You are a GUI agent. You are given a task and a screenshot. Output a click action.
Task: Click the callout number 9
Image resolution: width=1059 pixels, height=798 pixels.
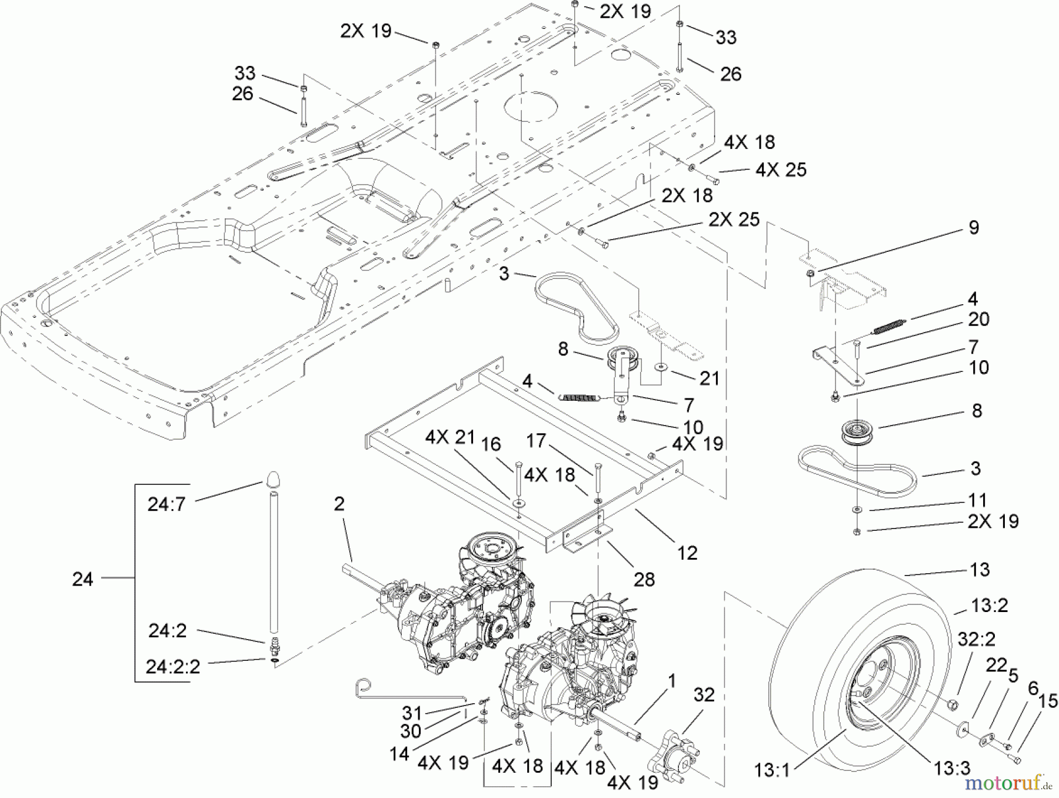coord(974,228)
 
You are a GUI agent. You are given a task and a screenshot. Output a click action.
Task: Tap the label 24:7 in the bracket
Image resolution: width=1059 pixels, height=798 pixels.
coord(166,504)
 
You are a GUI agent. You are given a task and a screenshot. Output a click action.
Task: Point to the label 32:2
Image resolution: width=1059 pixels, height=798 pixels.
coord(977,640)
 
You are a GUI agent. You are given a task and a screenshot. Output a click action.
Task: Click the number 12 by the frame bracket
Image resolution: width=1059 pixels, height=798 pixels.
coord(687,553)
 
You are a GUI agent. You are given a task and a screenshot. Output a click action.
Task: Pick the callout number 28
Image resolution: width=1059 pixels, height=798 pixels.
coord(644,580)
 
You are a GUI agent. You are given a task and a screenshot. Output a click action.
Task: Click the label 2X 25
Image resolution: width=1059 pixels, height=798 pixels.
coord(734,220)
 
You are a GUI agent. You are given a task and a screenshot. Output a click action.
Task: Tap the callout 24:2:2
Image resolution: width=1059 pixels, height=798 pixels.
coord(173,667)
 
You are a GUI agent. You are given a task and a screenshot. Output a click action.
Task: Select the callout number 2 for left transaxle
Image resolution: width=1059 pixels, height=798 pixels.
coord(339,504)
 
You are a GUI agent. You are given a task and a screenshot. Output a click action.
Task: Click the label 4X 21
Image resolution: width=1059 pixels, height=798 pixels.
coord(450,437)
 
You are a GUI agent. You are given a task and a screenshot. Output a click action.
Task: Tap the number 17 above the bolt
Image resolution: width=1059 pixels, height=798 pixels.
coord(536,441)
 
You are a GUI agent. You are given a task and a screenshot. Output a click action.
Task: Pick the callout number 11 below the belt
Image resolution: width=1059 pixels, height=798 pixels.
coord(977,501)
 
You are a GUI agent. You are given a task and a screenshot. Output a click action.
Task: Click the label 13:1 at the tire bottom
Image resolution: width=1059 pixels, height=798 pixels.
coord(772,770)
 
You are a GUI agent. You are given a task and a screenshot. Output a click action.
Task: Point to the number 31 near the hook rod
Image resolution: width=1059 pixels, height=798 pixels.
coord(412,713)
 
